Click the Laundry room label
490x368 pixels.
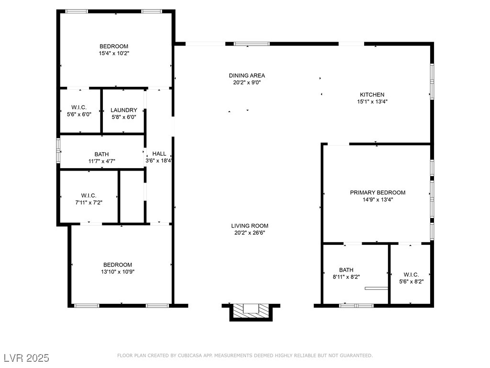[124, 110]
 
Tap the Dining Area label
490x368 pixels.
[247, 75]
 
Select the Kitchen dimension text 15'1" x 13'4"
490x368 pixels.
[372, 102]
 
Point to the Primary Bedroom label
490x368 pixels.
[378, 193]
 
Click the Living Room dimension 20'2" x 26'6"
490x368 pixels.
[250, 232]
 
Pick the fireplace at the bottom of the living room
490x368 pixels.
[251, 312]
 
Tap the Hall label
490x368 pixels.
[159, 154]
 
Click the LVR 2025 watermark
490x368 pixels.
[27, 358]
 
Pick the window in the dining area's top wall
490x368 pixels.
[252, 44]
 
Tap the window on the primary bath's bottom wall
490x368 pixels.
[356, 305]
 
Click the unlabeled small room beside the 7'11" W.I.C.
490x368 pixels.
[132, 196]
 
